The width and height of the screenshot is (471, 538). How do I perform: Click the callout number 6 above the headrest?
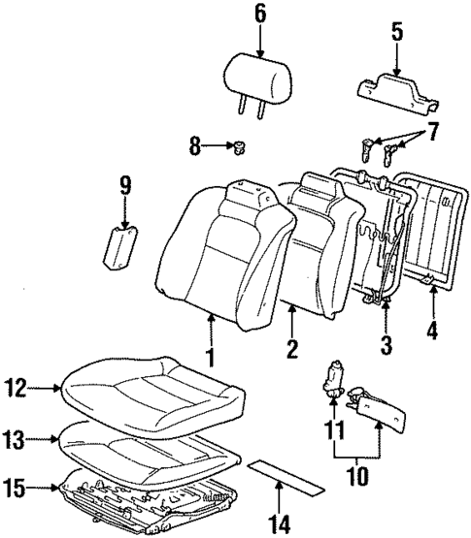259,14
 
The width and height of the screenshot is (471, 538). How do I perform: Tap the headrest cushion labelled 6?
259,73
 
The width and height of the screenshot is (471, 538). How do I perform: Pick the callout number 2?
288,348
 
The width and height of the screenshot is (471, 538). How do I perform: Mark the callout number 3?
387,343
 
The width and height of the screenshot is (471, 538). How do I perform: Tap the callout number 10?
356,478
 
